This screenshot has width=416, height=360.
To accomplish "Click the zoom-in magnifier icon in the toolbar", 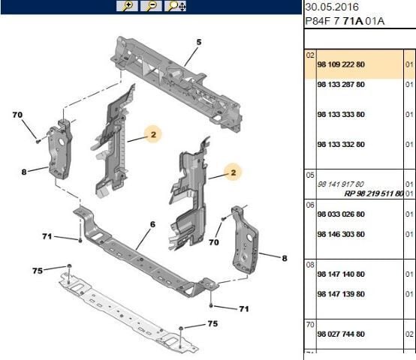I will coord(126,6).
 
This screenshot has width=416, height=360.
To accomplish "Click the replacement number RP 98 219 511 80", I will coord(373,193).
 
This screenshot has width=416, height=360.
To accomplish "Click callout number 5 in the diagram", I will coord(199,42).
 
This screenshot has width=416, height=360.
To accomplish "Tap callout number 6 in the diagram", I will coord(152,224).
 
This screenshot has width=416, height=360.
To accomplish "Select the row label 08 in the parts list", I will coord(309,265).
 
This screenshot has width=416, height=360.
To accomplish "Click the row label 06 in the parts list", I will coord(309,204).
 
